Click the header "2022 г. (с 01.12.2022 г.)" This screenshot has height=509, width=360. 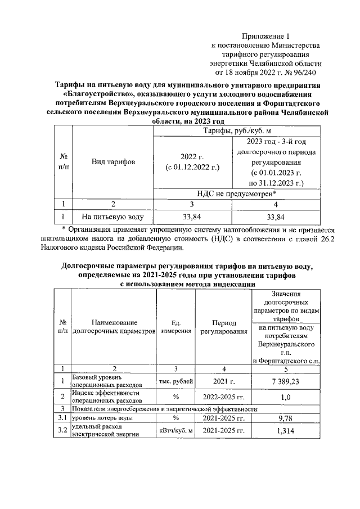tap(192, 162)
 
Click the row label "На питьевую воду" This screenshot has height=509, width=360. tap(112, 216)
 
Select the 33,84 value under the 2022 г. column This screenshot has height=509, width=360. tap(192, 216)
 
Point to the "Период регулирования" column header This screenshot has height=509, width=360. tap(223, 327)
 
